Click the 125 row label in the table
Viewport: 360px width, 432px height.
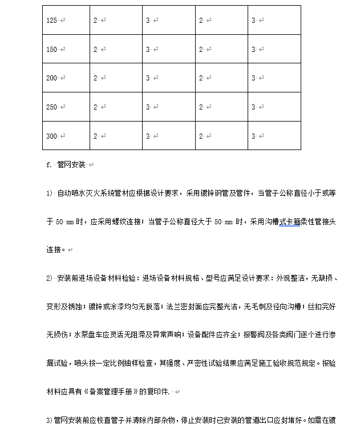tap(52, 21)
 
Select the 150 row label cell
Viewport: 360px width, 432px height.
tap(52, 50)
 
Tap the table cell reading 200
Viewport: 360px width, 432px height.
tap(52, 78)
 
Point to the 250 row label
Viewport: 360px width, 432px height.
tap(52, 107)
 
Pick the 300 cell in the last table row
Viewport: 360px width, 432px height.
tap(52, 136)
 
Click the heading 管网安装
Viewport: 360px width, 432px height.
tap(71, 165)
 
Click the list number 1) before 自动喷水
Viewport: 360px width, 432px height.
tap(49, 193)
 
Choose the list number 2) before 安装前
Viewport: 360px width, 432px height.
tap(49, 278)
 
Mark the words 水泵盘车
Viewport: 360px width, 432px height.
tap(88, 334)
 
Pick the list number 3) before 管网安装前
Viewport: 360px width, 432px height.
tap(49, 421)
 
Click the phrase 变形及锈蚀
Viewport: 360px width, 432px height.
tap(64, 306)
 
